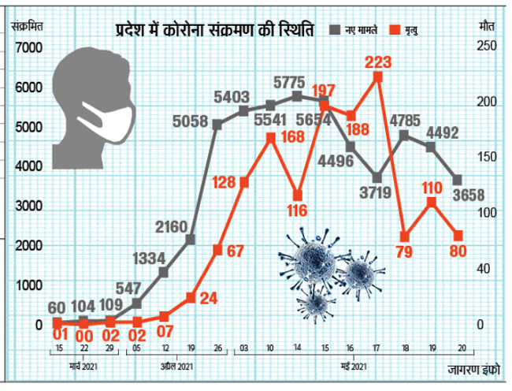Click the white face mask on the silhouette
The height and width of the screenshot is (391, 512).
tap(110, 121)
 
